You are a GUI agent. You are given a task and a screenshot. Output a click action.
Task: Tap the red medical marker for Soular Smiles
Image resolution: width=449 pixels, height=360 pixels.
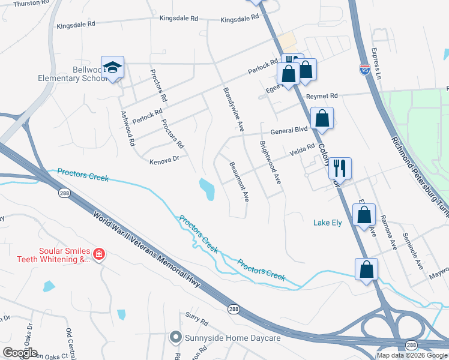tap(99, 256)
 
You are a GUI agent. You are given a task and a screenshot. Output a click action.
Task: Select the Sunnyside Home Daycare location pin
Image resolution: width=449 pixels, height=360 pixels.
tap(175, 338)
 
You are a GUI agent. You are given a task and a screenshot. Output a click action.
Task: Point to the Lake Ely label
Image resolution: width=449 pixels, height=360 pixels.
tap(327, 223)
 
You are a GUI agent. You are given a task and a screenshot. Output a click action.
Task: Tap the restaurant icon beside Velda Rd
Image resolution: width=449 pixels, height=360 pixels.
tap(340, 169)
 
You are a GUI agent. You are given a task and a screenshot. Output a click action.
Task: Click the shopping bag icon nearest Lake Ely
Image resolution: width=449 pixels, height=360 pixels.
tap(364, 215)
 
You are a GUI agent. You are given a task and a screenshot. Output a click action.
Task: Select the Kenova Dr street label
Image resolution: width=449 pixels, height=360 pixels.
tap(164, 160)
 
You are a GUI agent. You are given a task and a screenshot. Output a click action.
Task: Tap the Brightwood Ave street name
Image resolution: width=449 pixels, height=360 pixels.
tap(270, 163)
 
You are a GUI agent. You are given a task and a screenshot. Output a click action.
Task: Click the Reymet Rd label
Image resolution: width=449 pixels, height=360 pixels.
tap(322, 96)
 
